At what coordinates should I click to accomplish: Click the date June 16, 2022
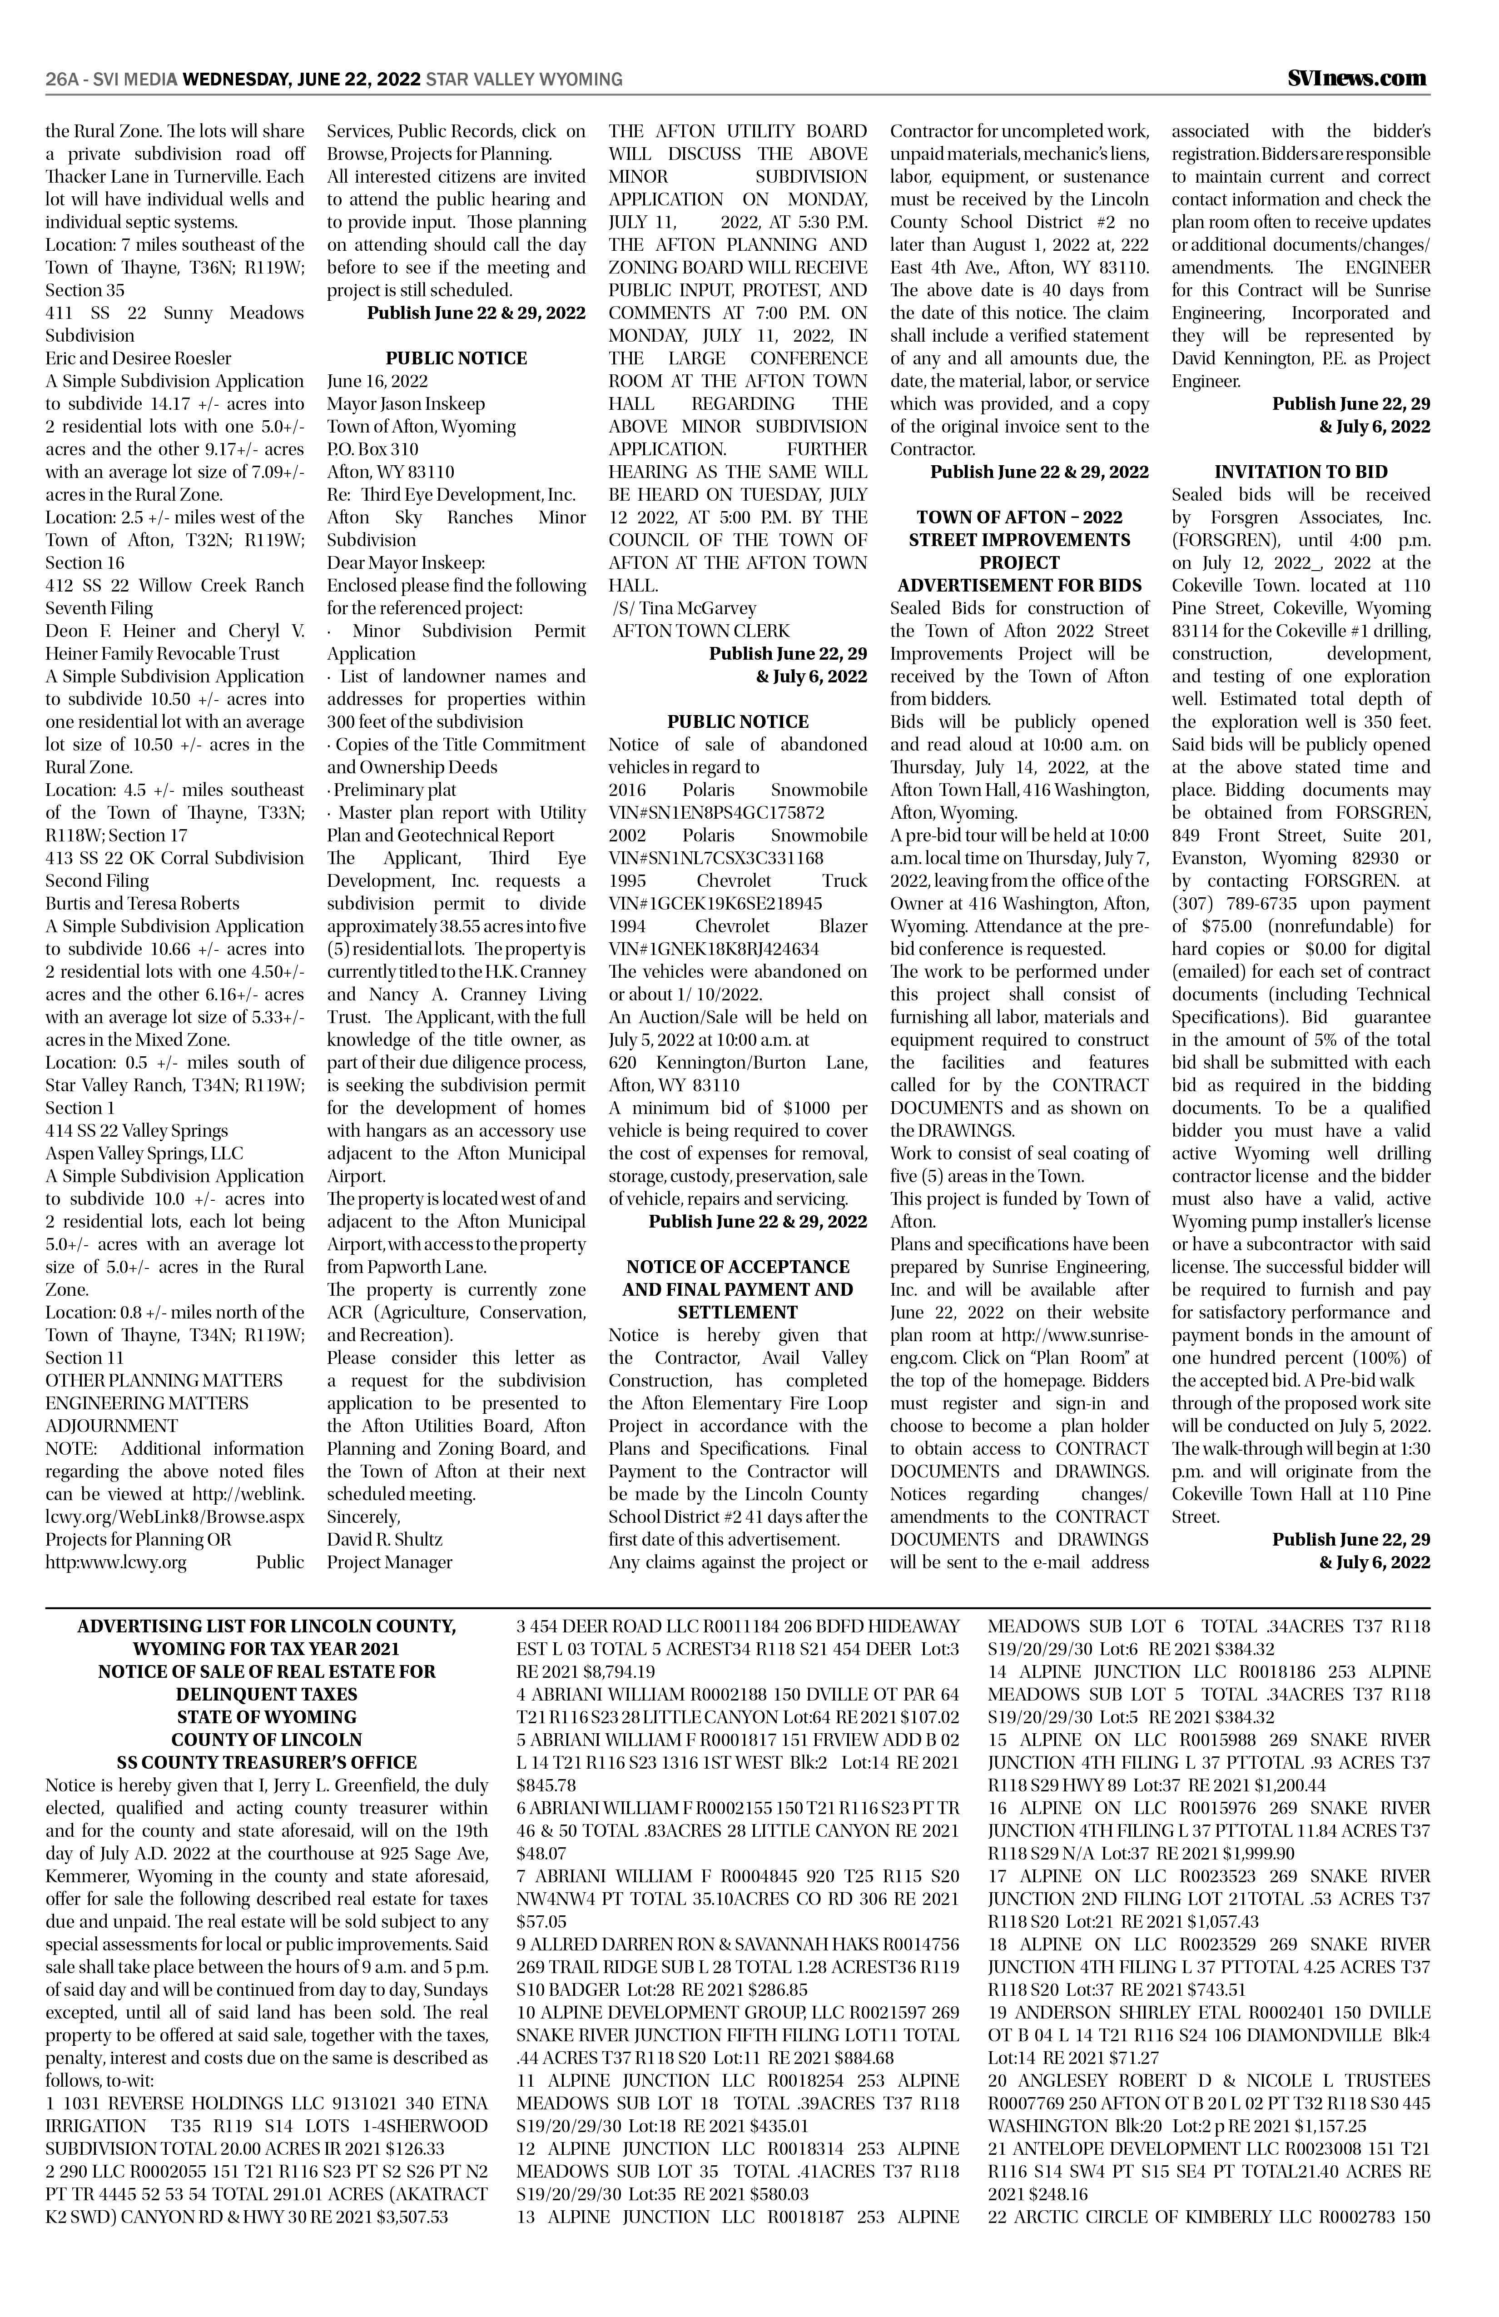tap(377, 381)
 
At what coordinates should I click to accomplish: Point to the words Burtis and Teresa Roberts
tap(142, 904)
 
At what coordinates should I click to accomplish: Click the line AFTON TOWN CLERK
tap(701, 630)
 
